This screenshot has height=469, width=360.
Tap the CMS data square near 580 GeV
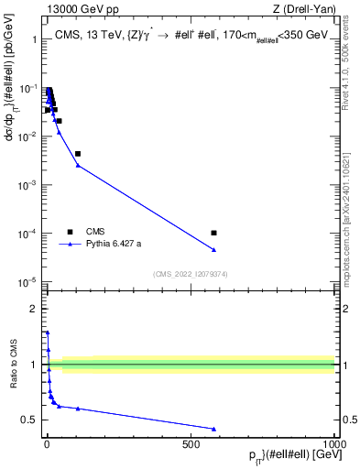point(213,233)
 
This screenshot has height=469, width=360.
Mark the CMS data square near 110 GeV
point(78,154)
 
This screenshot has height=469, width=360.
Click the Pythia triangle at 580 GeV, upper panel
point(213,250)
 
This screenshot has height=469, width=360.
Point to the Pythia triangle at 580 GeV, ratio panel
point(213,429)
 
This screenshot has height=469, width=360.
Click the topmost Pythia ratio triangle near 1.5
point(48,333)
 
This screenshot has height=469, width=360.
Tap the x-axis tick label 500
point(191,444)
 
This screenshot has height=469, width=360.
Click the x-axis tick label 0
point(46,444)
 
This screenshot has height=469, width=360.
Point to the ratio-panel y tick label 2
point(35,309)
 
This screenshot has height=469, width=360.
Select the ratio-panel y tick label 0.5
point(30,420)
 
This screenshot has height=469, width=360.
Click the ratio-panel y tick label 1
point(35,365)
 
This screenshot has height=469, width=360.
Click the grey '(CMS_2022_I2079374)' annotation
point(191,273)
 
